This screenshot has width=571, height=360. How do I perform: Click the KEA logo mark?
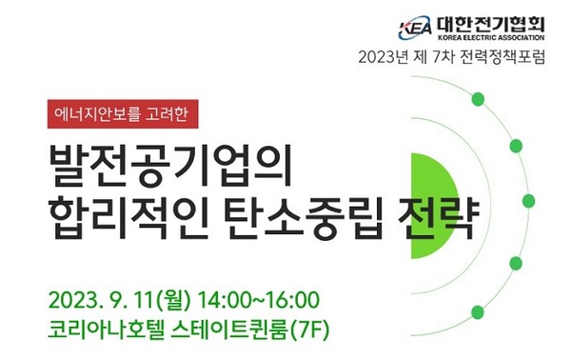point(416,27)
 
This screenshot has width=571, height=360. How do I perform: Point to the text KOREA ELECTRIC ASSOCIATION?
point(492,37)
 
